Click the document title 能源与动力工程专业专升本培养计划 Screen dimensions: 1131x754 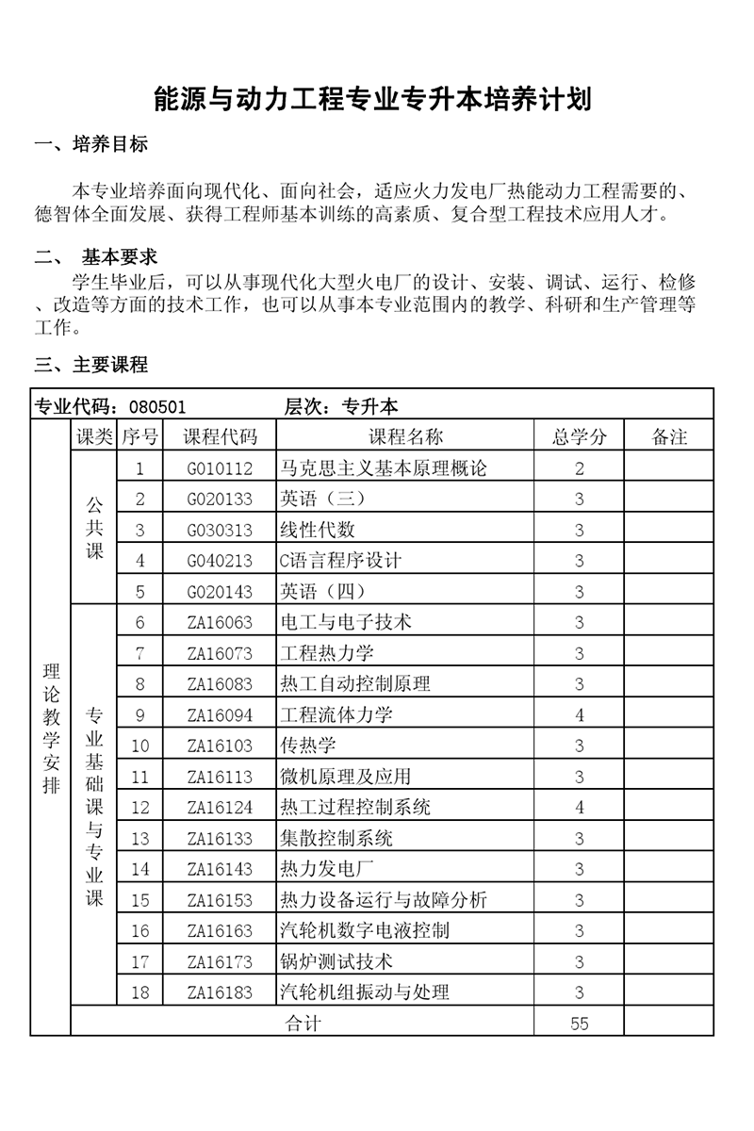(373, 99)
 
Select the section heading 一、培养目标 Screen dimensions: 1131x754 (90, 145)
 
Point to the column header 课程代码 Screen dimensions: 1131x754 (220, 436)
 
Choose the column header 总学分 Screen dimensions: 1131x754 (580, 436)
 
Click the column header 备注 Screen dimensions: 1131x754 (669, 436)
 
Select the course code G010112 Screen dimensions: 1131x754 (220, 468)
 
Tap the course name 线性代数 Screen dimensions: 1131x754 (318, 530)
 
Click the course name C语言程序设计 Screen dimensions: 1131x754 (341, 561)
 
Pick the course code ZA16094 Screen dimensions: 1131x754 (220, 715)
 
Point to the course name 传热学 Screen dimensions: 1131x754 (308, 746)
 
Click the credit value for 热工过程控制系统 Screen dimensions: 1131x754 (580, 808)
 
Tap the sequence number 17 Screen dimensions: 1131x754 (140, 961)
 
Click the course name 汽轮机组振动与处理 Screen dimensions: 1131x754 (365, 992)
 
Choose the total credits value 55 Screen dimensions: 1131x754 (580, 1024)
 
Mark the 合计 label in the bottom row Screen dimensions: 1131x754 (303, 1024)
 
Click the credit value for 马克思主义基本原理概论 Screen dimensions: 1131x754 (580, 468)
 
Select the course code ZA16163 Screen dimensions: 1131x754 (220, 931)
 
